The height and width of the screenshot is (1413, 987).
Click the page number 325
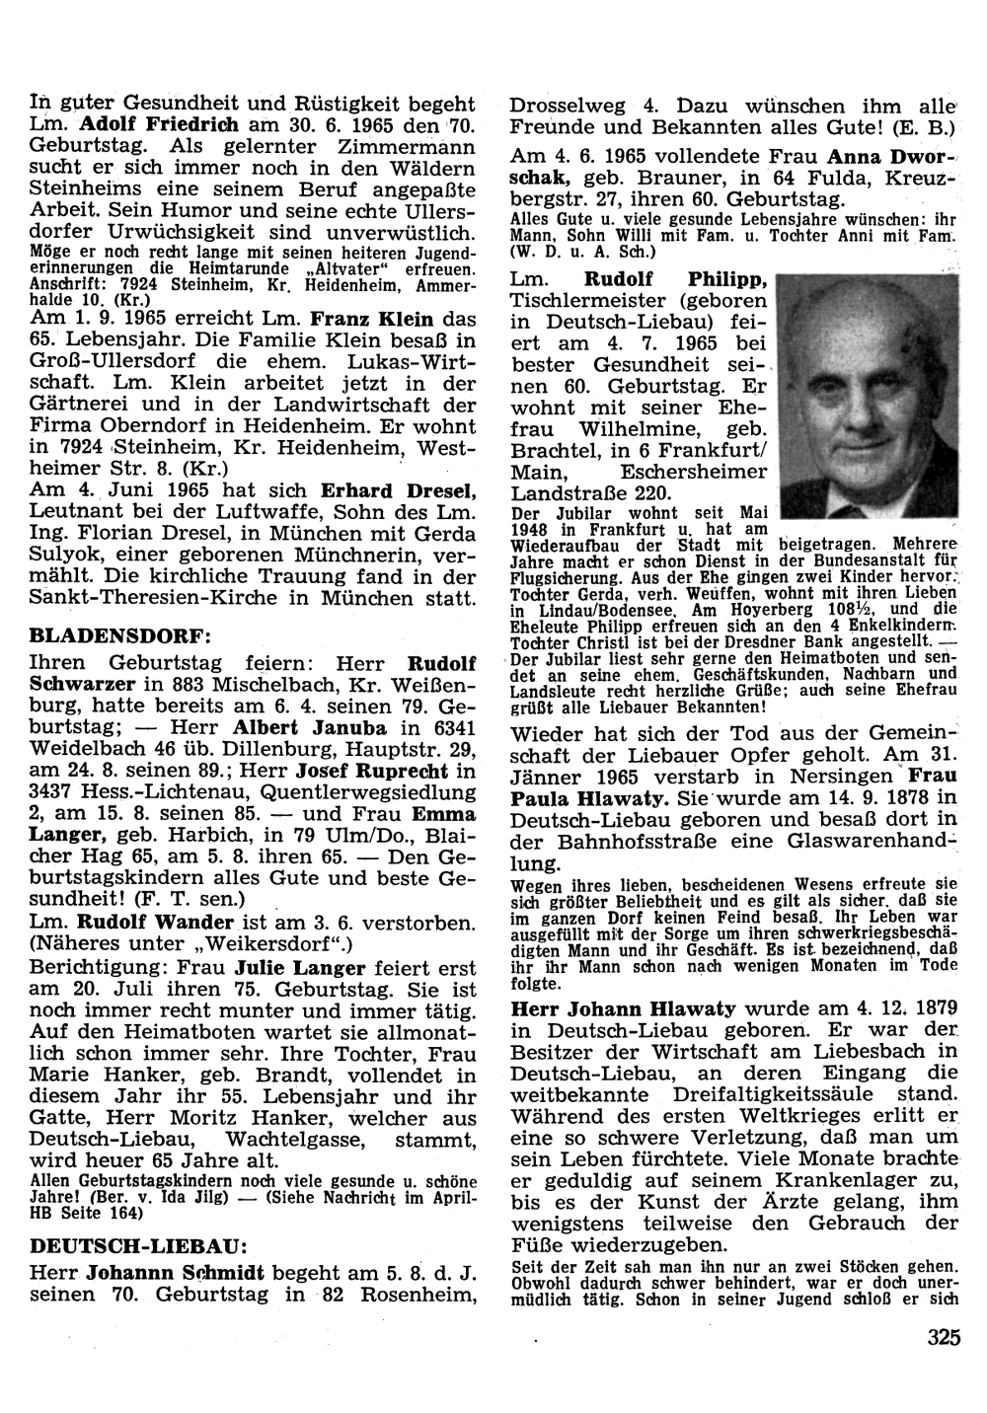944,1338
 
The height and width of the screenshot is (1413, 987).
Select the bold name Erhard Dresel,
399,490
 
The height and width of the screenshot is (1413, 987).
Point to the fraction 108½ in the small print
875,609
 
